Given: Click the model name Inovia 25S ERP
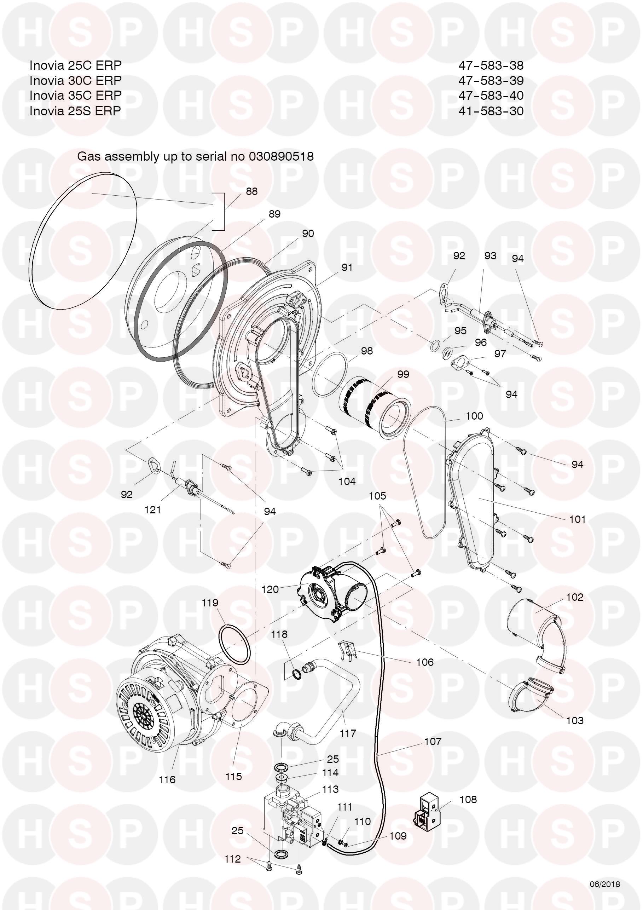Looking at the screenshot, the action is point(75,111).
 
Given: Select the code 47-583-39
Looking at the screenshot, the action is point(491,80).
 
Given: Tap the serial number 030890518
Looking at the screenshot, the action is point(281,156).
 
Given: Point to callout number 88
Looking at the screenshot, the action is point(251,191).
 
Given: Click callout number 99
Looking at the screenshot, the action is point(403,374).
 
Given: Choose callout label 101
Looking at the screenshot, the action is point(577,519).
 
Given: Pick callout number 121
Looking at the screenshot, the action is point(153,510).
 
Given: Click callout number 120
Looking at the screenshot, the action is point(270,589).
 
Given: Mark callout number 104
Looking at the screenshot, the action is point(347,482).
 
